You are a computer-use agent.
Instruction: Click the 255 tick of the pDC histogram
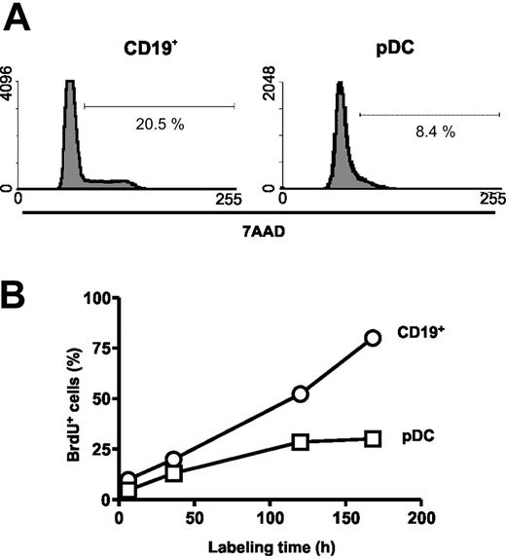(x=492, y=200)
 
